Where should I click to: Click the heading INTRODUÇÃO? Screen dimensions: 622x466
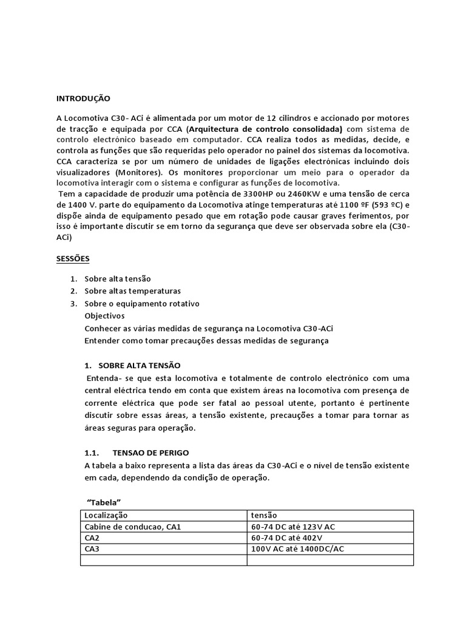click(x=84, y=98)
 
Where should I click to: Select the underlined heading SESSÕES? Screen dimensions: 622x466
click(x=73, y=259)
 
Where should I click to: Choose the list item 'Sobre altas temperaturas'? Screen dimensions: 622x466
click(x=132, y=291)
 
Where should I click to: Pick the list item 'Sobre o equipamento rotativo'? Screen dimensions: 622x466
click(x=141, y=303)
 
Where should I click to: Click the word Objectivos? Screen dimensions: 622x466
click(x=105, y=316)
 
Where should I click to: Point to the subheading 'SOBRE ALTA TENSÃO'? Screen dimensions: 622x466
click(x=140, y=365)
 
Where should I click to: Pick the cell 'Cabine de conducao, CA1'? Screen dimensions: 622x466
click(x=133, y=527)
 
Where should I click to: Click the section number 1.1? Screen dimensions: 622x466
click(x=90, y=453)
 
